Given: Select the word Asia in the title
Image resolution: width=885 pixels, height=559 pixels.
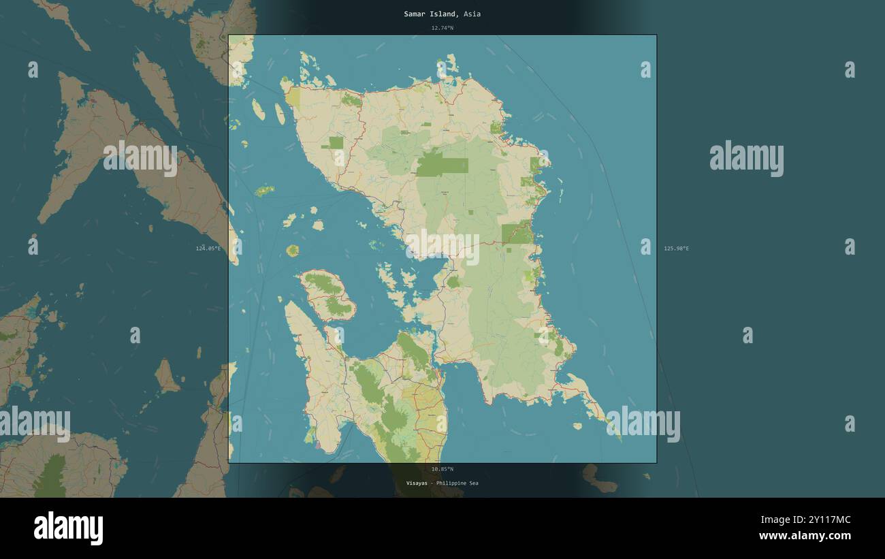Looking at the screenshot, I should pos(472,14).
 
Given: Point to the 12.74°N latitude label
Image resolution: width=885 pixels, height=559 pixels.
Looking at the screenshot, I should pos(442,28).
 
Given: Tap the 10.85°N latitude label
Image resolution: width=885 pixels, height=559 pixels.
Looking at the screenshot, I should pos(442,469).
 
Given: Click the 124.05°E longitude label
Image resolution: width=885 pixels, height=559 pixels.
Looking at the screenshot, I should pos(208,249).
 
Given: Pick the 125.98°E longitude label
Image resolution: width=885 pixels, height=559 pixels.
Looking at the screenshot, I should pos(676,249).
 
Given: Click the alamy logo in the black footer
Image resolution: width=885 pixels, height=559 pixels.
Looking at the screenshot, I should pos(68,528).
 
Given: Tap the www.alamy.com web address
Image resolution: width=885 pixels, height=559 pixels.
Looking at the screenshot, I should pos(805,536).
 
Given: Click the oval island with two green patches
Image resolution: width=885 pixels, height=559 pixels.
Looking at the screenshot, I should pos(327,296).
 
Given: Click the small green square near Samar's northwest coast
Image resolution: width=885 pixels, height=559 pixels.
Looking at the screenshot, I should pos(336,142).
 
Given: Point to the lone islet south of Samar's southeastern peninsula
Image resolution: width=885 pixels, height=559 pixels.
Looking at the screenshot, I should pos(577,426).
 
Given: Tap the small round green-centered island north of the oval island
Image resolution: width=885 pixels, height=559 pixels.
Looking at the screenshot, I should pos(293,251).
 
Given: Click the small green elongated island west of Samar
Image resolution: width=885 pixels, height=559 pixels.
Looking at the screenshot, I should pos(264,191).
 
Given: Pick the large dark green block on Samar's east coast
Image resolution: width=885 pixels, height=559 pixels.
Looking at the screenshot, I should pos(518,233).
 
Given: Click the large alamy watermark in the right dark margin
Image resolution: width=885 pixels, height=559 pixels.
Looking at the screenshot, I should pos(746,158).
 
